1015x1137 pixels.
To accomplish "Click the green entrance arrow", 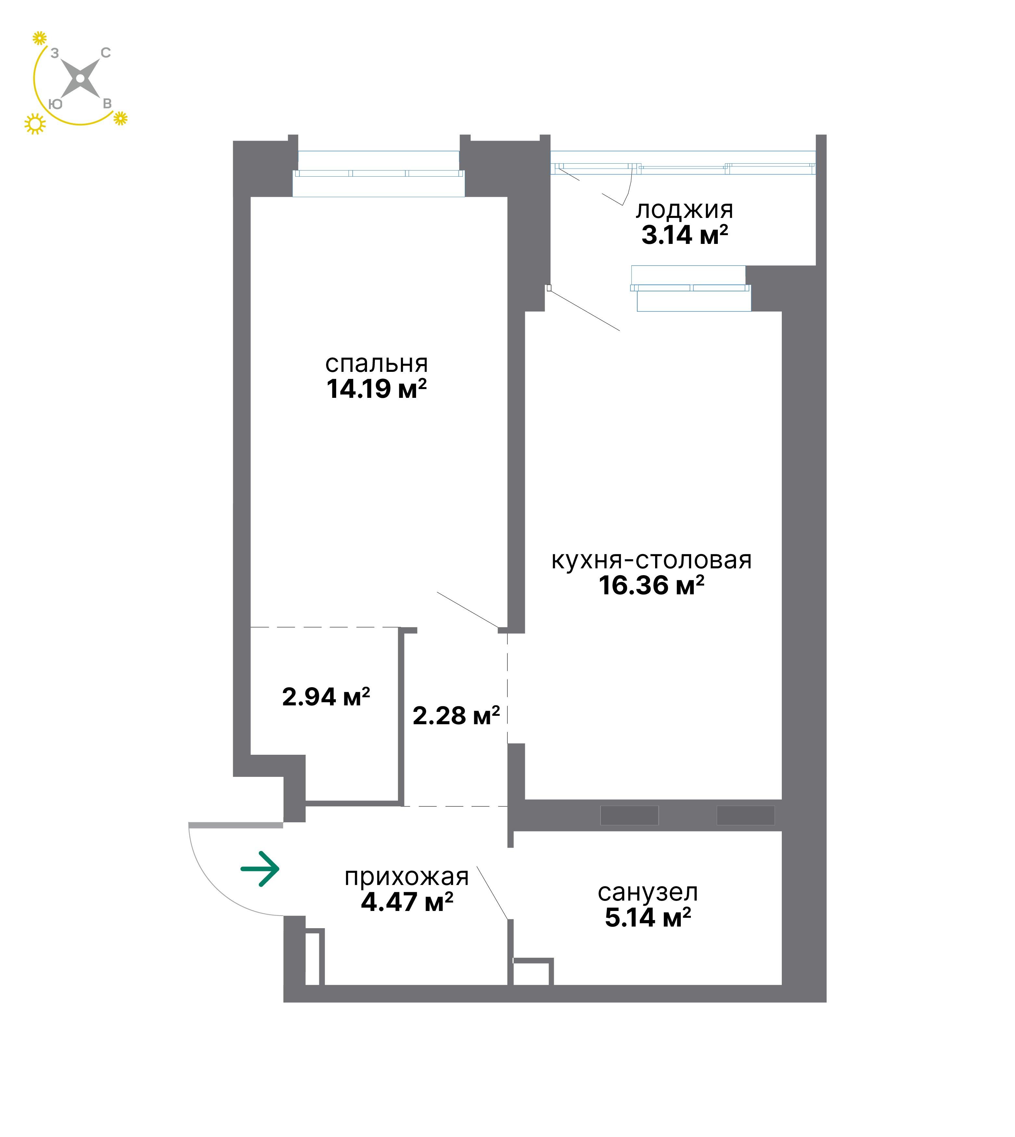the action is (x=260, y=869).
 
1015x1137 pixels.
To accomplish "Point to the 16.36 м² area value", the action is (x=651, y=585).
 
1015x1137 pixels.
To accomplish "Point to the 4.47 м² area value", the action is (x=407, y=902).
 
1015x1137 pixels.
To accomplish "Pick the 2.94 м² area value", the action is (x=326, y=697).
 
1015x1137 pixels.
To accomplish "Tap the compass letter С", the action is (x=106, y=53).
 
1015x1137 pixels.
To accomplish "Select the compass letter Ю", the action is (x=55, y=104).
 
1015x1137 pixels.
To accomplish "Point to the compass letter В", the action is (x=107, y=104).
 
